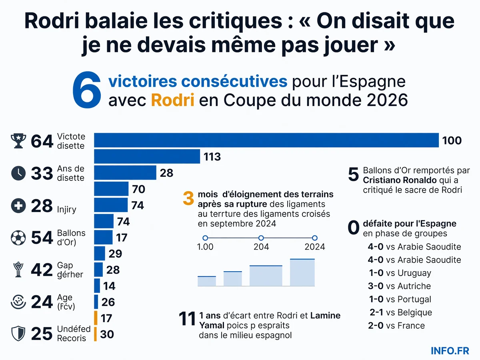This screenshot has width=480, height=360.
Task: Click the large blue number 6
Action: [87, 90]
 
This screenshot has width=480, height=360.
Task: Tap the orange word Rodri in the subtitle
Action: [172, 100]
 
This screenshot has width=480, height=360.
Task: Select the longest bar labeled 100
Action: [266, 140]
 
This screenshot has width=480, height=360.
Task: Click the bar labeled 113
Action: [147, 156]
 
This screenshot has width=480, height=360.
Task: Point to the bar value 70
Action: [139, 189]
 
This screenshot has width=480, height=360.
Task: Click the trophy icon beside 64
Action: [18, 141]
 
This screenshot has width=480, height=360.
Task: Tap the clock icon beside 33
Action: [18, 173]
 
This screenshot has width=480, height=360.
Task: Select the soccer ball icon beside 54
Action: [18, 238]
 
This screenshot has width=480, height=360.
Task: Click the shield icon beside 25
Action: [18, 334]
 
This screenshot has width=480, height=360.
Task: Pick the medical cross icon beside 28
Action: [18, 206]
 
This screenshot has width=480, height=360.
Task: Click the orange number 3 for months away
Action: [188, 198]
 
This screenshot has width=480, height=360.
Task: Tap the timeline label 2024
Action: [315, 247]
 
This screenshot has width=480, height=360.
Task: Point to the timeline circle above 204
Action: [261, 238]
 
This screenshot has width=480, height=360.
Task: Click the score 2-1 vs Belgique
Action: [401, 312]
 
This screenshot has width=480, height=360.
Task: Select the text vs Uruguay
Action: [408, 273]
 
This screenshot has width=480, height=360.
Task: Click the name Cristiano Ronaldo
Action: [400, 180]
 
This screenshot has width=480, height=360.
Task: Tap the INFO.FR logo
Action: [450, 351]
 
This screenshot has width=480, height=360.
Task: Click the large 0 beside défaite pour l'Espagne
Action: [353, 228]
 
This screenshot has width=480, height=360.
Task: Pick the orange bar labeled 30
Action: [95, 334]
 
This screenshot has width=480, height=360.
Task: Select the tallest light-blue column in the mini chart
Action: [302, 272]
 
